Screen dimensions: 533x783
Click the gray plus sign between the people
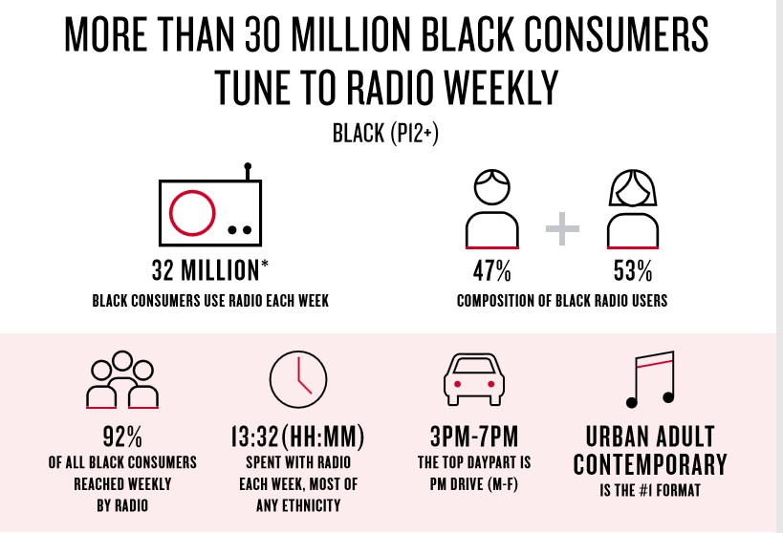pyautogui.click(x=563, y=229)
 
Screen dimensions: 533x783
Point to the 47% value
pyautogui.click(x=492, y=271)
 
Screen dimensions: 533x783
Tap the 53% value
pyautogui.click(x=634, y=271)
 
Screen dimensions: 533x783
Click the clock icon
pyautogui.click(x=298, y=380)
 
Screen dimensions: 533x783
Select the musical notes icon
pyautogui.click(x=649, y=376)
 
